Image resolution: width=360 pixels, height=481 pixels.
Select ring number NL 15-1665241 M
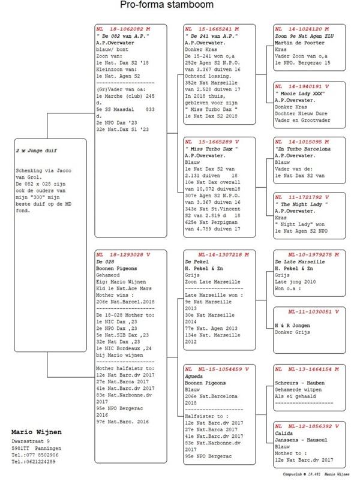click(212, 29)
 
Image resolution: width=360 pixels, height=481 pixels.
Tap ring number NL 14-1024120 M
click(302, 29)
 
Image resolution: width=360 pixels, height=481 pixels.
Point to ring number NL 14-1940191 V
click(302, 86)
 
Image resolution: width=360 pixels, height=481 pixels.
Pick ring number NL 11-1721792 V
click(302, 197)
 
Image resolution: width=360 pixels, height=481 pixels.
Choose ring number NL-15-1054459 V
click(216, 368)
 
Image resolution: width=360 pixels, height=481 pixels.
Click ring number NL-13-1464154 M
click(305, 368)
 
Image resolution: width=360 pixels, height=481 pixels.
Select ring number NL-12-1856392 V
click(305, 426)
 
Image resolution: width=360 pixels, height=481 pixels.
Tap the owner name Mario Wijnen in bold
click(37, 432)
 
